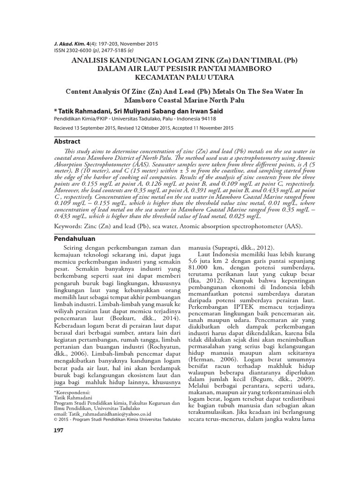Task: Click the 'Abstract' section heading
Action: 67,141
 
